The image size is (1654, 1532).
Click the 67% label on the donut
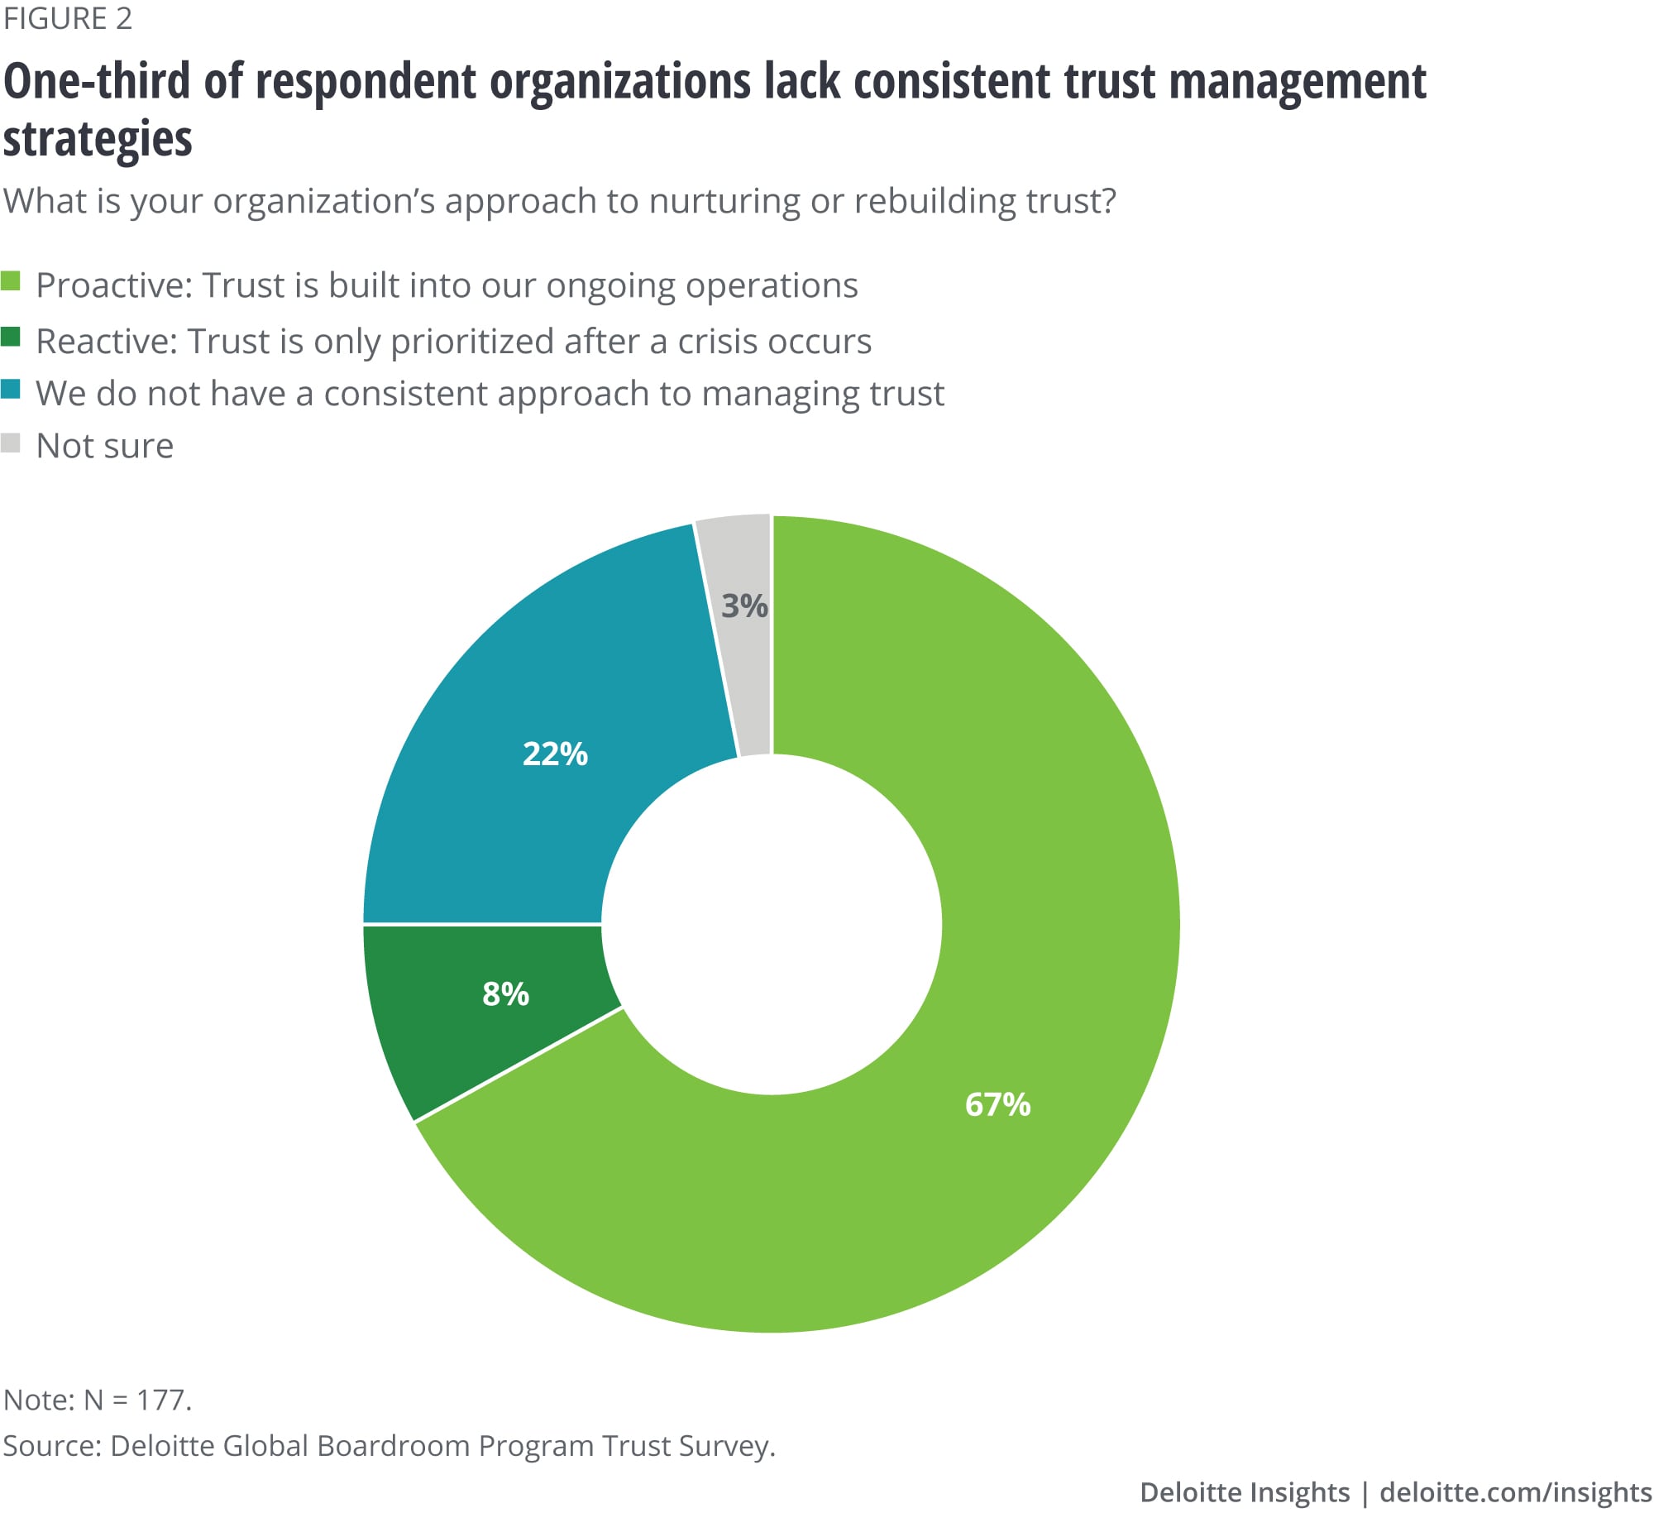[x=997, y=1104]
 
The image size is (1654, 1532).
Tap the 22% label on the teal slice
[x=554, y=754]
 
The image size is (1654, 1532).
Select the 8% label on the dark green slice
[x=505, y=993]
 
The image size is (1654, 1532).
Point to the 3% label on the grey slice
[x=744, y=606]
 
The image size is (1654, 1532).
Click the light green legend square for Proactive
[x=11, y=281]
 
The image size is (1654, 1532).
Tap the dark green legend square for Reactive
[x=11, y=337]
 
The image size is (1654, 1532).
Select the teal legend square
[x=11, y=389]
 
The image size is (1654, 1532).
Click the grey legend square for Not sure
[x=11, y=443]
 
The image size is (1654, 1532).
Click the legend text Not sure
[x=104, y=446]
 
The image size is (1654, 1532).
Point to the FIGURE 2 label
[x=67, y=18]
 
